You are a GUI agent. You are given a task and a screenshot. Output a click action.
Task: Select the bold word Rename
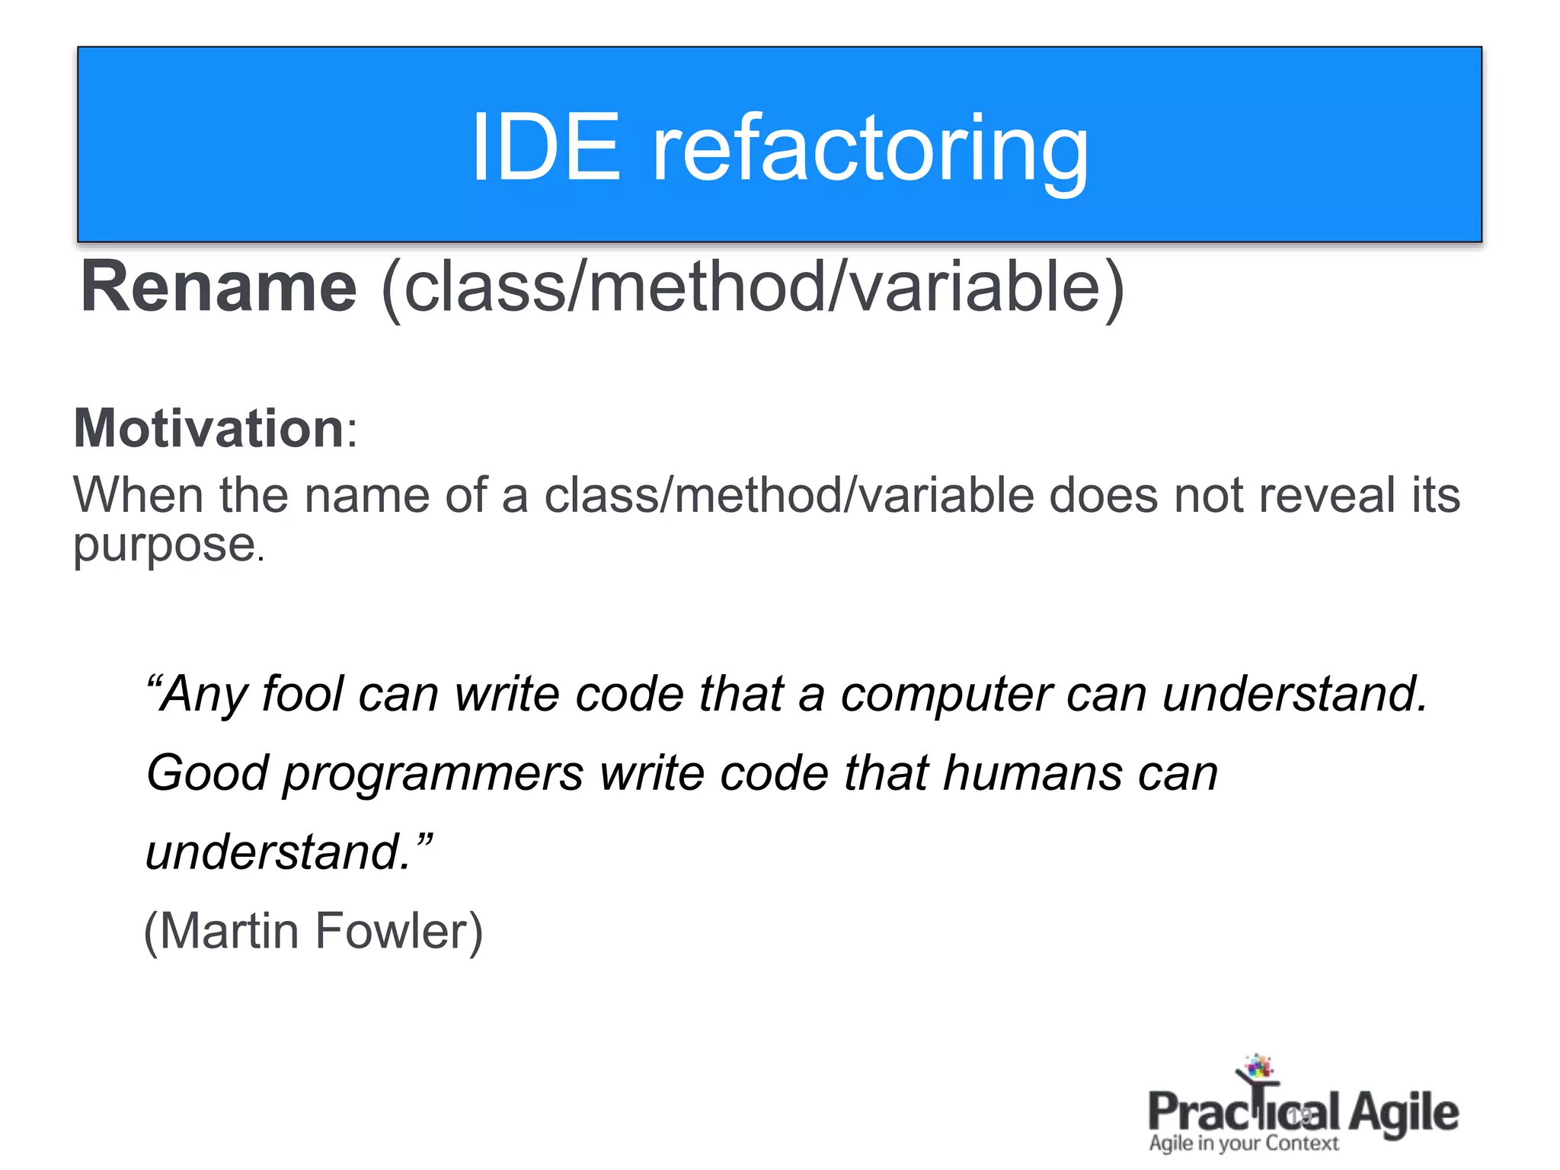219,287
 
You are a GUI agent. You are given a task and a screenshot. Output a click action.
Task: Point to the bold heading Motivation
209,428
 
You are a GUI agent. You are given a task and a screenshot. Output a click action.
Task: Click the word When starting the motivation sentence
138,495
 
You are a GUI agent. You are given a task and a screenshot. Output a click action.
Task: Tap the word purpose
164,545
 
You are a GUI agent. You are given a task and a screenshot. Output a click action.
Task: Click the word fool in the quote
302,694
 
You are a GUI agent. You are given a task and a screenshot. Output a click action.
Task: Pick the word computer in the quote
945,695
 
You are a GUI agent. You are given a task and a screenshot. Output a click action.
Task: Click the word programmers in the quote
433,774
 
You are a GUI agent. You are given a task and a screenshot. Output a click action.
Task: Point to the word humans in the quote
1032,772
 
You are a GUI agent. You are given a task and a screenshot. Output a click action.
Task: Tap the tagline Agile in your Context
1243,1143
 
